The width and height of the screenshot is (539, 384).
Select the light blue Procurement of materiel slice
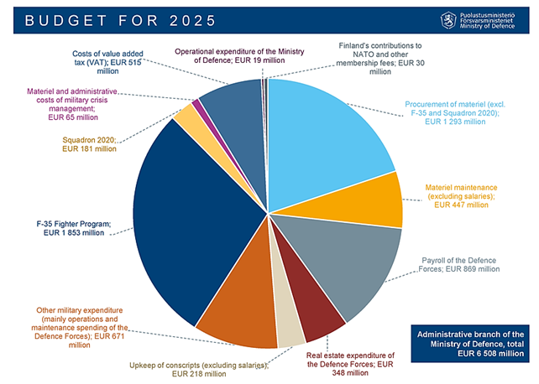[327, 134]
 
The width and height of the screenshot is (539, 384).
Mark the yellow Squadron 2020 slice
[186, 118]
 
